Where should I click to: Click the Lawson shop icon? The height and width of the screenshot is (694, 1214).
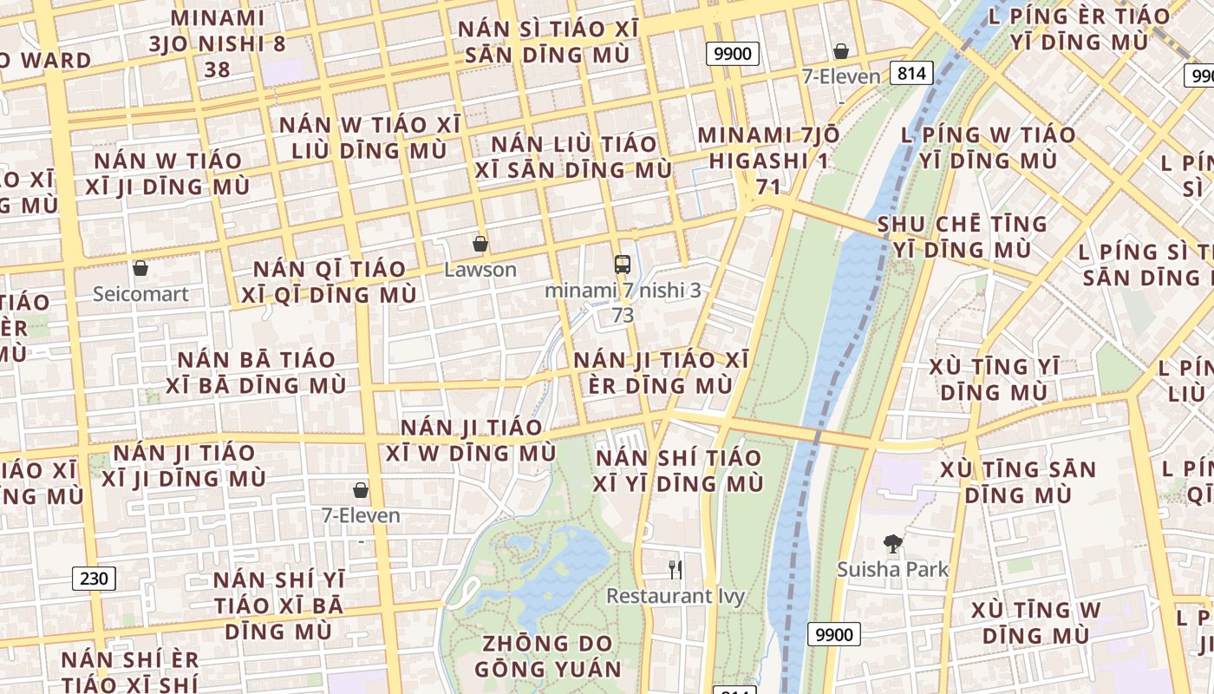pyautogui.click(x=480, y=244)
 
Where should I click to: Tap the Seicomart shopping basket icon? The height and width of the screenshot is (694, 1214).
pyautogui.click(x=140, y=268)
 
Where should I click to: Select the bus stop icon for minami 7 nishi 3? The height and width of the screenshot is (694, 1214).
pyautogui.click(x=622, y=264)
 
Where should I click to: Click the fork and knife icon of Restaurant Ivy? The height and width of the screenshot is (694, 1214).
pyautogui.click(x=676, y=570)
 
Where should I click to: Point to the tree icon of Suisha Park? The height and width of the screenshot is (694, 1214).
pyautogui.click(x=892, y=544)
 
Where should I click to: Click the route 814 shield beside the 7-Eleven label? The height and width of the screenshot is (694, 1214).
pyautogui.click(x=911, y=73)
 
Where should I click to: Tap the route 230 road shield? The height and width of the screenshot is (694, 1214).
pyautogui.click(x=93, y=579)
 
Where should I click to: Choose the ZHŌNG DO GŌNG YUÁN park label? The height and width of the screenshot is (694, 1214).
pyautogui.click(x=548, y=657)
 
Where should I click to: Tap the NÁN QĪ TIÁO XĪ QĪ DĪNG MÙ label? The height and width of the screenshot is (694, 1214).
pyautogui.click(x=329, y=282)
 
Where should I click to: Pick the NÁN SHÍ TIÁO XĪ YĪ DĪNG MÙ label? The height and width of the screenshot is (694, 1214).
pyautogui.click(x=678, y=470)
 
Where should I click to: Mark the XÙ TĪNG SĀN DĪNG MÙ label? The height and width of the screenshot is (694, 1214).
pyautogui.click(x=1018, y=482)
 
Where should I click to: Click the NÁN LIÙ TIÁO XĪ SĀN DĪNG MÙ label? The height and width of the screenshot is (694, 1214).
pyautogui.click(x=573, y=157)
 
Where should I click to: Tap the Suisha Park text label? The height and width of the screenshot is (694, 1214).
pyautogui.click(x=892, y=570)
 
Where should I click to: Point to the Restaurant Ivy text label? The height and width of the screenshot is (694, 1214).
pyautogui.click(x=675, y=596)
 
